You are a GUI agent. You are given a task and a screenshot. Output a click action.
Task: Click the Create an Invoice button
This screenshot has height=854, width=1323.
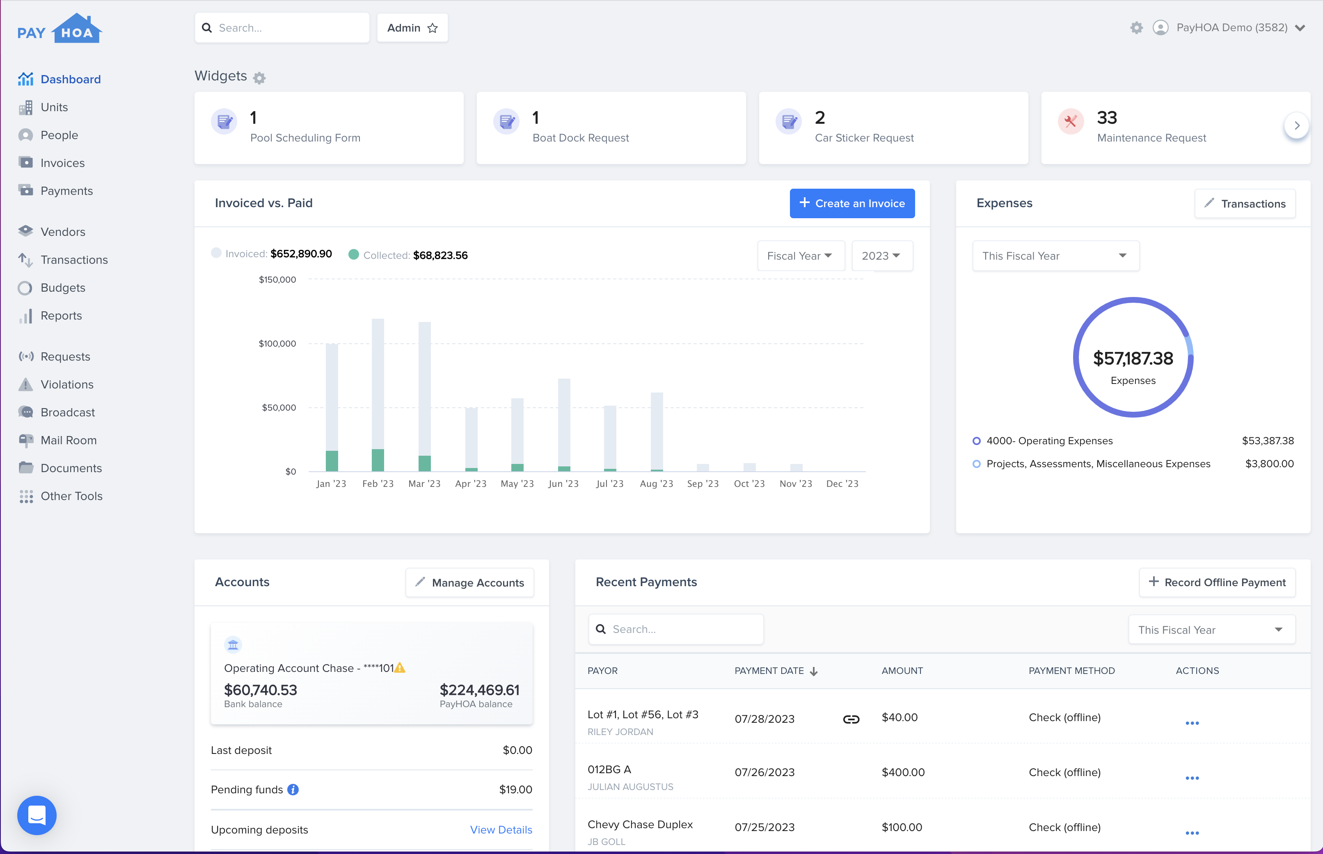pos(851,203)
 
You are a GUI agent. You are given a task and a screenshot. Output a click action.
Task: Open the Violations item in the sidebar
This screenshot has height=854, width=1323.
pos(66,384)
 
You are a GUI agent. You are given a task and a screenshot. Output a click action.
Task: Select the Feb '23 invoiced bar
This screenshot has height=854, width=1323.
pos(378,383)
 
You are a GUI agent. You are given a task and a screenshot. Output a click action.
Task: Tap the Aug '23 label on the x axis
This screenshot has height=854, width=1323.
pos(656,484)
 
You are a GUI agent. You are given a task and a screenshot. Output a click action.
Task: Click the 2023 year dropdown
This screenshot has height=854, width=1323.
pos(881,256)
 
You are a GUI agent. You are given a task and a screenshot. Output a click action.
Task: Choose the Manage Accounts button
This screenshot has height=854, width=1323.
pos(469,582)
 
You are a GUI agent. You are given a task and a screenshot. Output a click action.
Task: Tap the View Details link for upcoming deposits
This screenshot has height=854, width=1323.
pos(501,830)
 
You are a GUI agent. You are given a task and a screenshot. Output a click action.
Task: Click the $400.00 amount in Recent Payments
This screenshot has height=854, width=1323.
pos(903,772)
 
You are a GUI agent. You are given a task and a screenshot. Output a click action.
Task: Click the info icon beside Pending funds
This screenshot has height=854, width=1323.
pos(293,790)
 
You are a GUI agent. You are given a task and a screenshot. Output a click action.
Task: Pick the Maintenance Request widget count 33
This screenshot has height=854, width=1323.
pos(1107,118)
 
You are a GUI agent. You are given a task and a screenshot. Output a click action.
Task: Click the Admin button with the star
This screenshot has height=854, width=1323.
pos(412,28)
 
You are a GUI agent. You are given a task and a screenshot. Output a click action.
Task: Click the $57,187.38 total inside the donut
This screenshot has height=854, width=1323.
pos(1133,358)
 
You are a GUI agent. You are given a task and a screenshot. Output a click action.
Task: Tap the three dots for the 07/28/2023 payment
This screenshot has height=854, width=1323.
pos(1192,723)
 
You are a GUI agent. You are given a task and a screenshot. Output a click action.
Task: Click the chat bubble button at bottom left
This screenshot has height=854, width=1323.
pos(37,815)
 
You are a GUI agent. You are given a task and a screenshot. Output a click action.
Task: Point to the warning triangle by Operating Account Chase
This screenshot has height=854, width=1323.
pos(400,668)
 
